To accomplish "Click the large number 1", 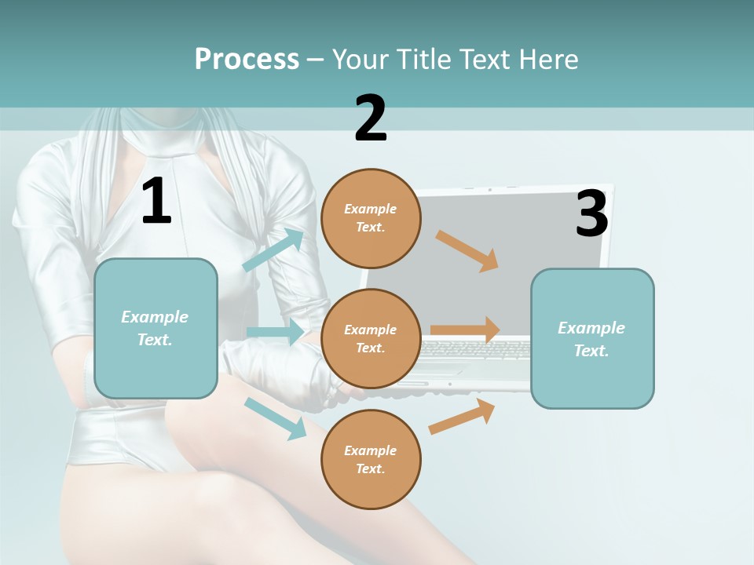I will (156, 201).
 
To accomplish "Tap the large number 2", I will (371, 118).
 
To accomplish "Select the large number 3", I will (591, 213).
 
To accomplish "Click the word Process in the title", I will (247, 59).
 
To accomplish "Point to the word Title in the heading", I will (422, 59).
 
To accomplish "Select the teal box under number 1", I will (156, 328).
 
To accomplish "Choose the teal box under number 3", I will (592, 338).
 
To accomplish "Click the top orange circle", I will (371, 218).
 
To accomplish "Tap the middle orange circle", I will (371, 338).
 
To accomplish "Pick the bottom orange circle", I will (371, 459).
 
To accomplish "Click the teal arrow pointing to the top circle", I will (273, 250).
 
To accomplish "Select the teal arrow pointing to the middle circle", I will (275, 332).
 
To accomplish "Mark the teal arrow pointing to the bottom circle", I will (275, 418).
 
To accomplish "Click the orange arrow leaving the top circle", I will (467, 251).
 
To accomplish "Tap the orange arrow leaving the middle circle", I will (465, 330).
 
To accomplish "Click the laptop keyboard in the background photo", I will (474, 348).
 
